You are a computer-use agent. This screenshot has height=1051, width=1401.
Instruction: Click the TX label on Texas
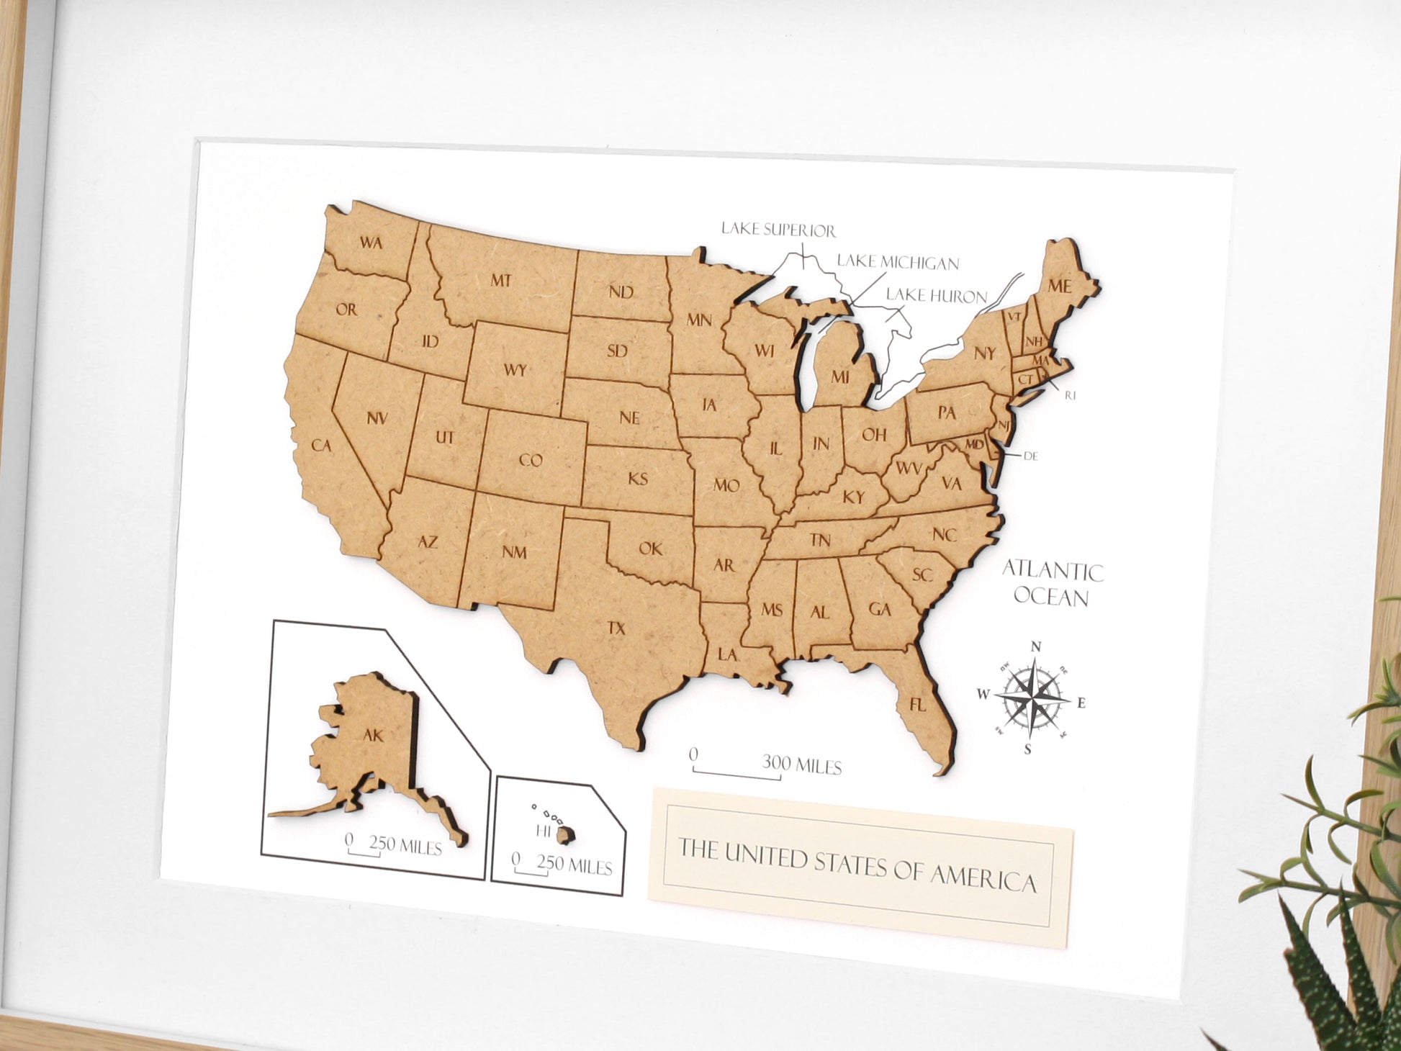tap(616, 628)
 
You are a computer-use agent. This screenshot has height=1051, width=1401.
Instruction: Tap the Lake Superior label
tap(778, 230)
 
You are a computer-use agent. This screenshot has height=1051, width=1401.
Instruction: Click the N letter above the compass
tap(1036, 646)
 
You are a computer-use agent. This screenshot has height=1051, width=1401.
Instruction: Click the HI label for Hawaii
tap(544, 831)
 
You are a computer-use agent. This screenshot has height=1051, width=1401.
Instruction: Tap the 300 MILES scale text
tap(802, 764)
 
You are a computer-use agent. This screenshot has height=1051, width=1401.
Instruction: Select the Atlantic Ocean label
tap(1052, 584)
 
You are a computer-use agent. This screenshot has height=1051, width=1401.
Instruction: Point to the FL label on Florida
tap(917, 705)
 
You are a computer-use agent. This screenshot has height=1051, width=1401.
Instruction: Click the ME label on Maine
tap(1059, 286)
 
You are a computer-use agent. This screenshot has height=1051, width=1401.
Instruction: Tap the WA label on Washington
tap(371, 243)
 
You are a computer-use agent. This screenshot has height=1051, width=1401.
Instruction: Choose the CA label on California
tap(321, 446)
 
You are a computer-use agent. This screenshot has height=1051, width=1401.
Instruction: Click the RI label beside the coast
tap(1070, 395)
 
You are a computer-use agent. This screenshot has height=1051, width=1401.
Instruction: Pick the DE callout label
tap(1030, 456)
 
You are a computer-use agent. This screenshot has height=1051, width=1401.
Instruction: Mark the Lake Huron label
tap(936, 295)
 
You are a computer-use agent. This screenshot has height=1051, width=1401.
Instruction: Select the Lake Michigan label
tap(897, 262)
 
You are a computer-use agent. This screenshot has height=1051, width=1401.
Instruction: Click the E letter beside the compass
tap(1081, 703)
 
